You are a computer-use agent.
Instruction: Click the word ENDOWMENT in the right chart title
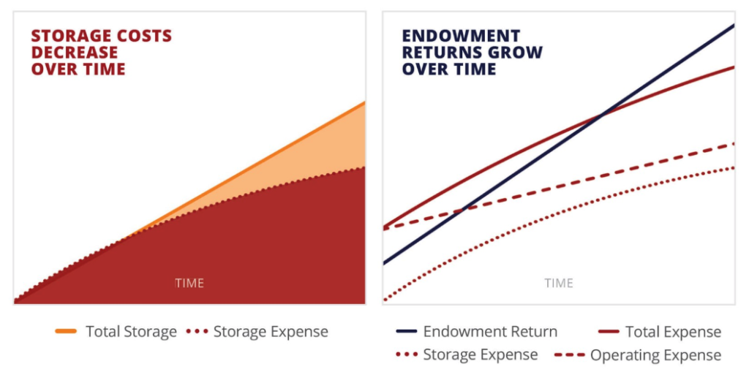(461, 37)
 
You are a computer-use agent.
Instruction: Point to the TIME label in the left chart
(189, 283)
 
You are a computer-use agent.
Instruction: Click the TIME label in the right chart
(559, 283)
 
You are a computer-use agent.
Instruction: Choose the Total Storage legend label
(131, 331)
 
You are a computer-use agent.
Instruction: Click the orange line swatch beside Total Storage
(66, 331)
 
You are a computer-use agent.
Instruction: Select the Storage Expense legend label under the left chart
(271, 331)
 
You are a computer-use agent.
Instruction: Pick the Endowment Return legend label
(490, 331)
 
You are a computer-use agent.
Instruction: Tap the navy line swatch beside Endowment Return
(407, 331)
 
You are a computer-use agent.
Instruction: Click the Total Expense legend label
(673, 331)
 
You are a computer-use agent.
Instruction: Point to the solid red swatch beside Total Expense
(608, 331)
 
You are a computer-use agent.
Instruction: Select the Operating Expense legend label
(656, 355)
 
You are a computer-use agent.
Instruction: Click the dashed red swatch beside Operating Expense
(570, 355)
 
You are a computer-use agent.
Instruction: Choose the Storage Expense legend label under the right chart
(481, 355)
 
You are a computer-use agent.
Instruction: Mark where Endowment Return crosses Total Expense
(602, 114)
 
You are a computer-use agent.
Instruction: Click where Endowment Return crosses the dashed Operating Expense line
(462, 209)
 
